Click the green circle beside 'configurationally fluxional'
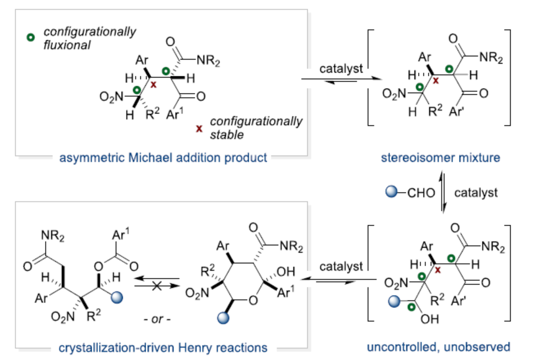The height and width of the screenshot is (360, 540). [31, 38]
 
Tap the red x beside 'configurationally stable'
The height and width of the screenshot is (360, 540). [199, 128]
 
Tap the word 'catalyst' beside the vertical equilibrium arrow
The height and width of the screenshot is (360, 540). [476, 193]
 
